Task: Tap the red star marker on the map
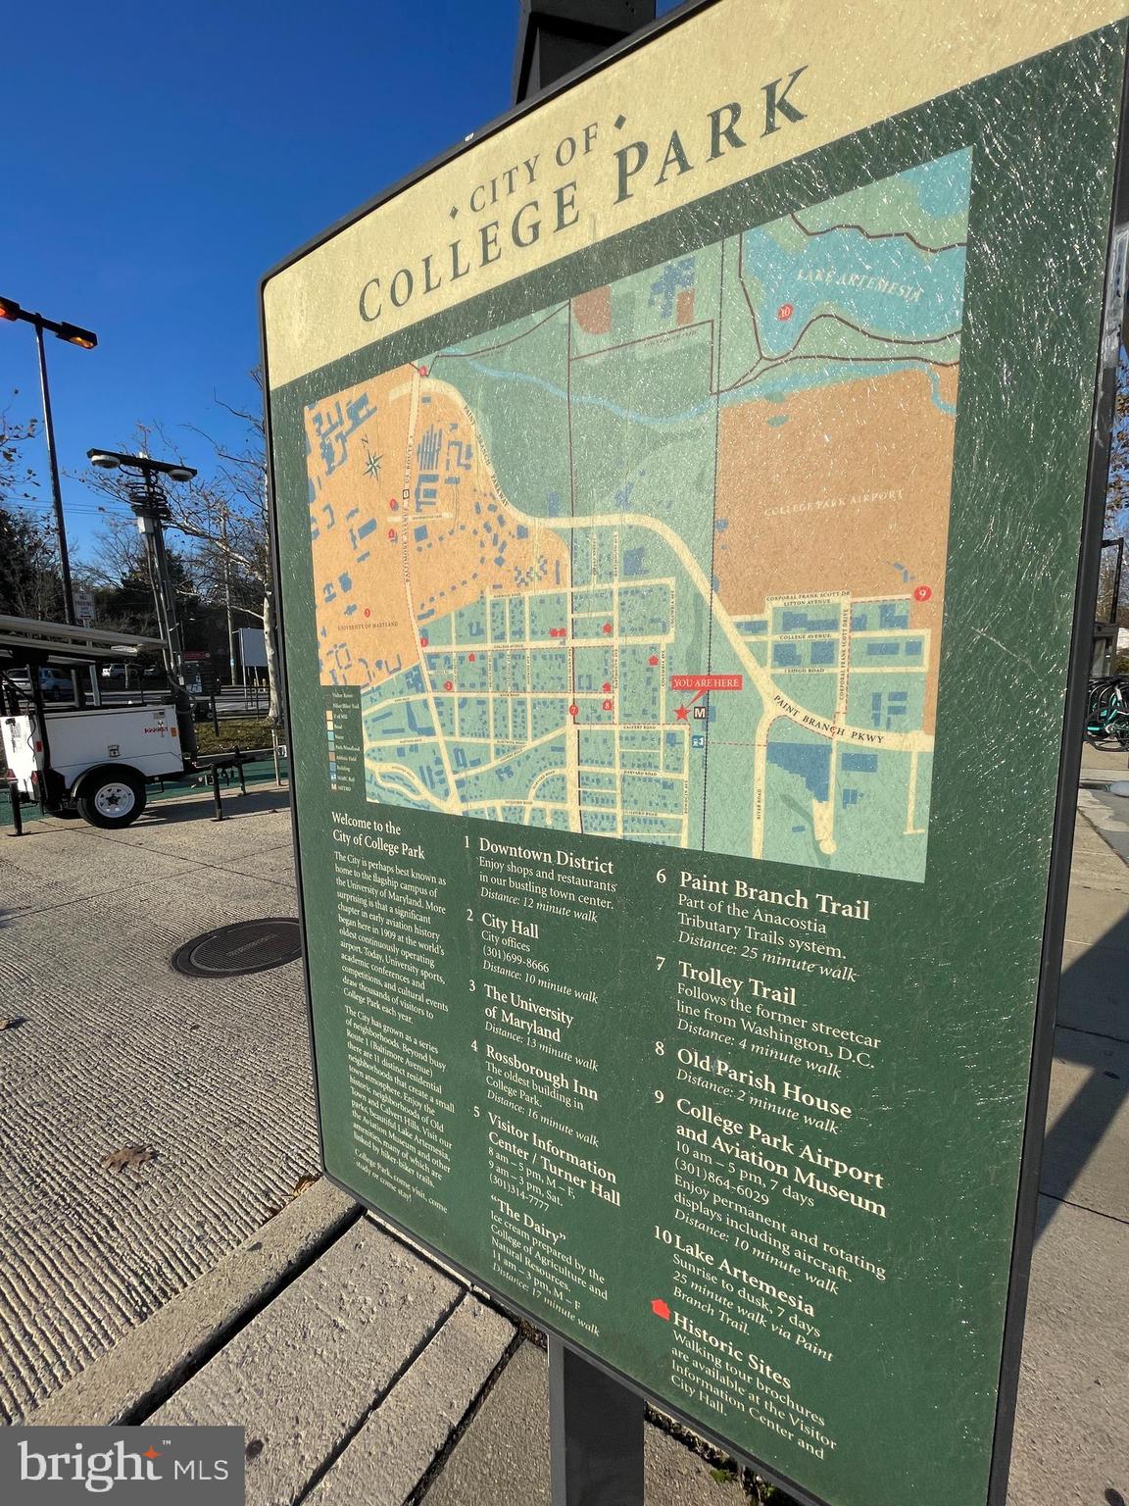click(681, 713)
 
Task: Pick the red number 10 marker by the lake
click(784, 313)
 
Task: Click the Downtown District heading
click(545, 855)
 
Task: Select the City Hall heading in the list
click(509, 925)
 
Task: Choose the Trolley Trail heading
click(736, 980)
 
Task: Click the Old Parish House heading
click(763, 1078)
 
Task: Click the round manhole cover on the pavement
click(237, 946)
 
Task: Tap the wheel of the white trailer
click(113, 799)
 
